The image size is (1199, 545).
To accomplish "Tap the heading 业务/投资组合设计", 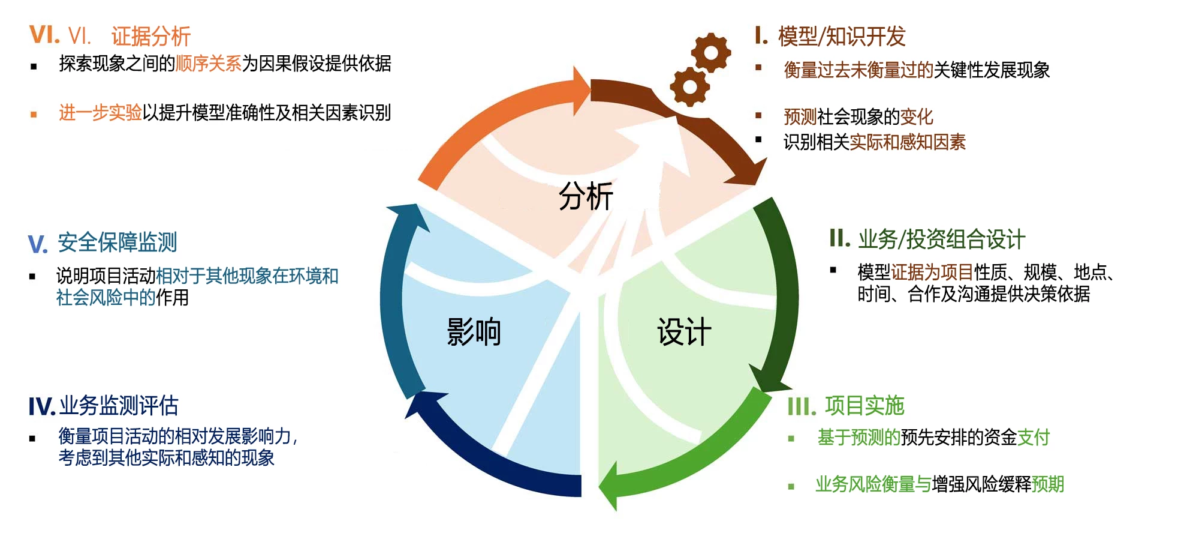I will coord(941,239).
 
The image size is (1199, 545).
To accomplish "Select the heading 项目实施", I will coord(864,406).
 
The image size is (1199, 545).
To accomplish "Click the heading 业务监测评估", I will coord(118,406).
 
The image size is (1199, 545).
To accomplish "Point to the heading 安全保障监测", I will coord(117,242).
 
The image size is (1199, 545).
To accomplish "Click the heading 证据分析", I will coord(150,37).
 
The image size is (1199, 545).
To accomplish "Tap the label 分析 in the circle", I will coord(586,196).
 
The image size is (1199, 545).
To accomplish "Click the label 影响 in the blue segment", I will coord(474,332).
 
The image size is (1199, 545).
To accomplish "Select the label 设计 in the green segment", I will coord(684,331).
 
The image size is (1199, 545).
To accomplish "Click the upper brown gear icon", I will coord(711,53).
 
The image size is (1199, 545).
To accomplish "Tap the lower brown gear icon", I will coord(689,87).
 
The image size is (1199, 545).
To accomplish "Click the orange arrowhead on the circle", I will coord(580,90).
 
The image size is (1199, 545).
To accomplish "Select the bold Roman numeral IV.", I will coord(41,407).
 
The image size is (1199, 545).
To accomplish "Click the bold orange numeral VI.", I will coord(44,35).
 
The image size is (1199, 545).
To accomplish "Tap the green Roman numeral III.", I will coord(802,407).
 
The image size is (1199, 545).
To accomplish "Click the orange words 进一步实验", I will coord(100,112).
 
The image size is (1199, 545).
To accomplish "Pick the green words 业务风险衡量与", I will coord(873,484).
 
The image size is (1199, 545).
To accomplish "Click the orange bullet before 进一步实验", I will coord(34,114).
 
